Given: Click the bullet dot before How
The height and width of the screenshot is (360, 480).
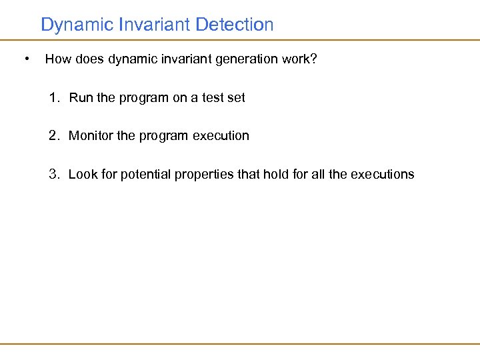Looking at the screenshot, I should point(25,59).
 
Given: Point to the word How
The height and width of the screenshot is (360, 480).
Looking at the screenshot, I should point(57,59).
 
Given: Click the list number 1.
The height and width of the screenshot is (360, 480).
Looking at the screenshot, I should point(53,98).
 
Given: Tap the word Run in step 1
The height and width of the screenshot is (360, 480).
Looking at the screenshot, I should point(81,98).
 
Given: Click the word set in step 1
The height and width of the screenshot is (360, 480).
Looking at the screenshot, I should point(236,98).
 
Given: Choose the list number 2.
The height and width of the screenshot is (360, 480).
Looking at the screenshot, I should point(53,136).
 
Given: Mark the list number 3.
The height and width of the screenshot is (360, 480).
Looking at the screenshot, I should point(53,175).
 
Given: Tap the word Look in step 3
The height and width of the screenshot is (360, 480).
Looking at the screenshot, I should point(82,175).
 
